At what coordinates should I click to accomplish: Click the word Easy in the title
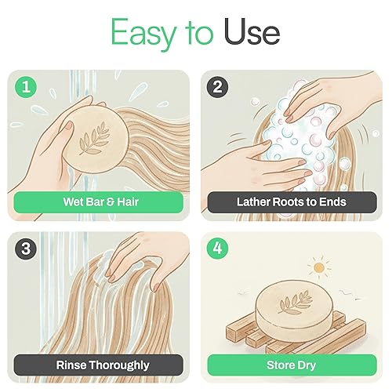pos(141,33)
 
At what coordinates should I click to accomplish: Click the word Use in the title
pos(252,33)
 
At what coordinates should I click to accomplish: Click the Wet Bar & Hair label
pos(98,202)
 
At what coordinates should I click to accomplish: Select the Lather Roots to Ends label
pos(290,202)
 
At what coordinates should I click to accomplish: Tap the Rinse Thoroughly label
pos(98,365)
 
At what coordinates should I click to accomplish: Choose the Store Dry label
pos(290,365)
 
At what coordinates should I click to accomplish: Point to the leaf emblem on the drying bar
pos(299,299)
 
